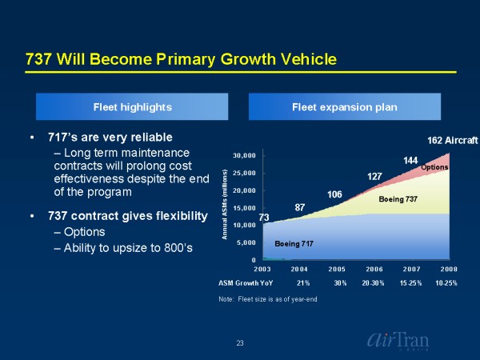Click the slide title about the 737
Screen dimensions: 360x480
[x=181, y=60]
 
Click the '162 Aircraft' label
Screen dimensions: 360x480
[x=451, y=141]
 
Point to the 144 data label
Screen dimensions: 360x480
[x=411, y=161]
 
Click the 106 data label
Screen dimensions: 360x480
[x=335, y=194]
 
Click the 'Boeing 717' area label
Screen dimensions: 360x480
[x=294, y=242]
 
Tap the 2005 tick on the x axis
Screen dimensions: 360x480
[x=338, y=269]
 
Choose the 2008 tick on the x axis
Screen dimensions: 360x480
[x=449, y=269]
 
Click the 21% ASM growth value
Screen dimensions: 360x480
[x=303, y=283]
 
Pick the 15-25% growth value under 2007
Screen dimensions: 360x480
[x=411, y=283]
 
